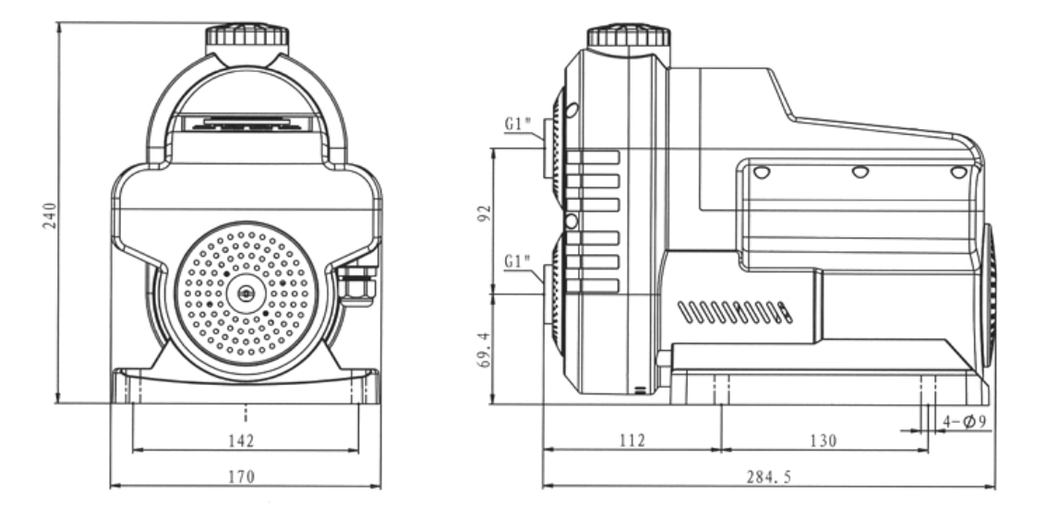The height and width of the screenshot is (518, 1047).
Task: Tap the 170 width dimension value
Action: click(x=245, y=476)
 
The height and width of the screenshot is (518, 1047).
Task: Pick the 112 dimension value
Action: click(x=632, y=440)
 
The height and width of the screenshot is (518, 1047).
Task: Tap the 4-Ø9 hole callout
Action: click(x=965, y=422)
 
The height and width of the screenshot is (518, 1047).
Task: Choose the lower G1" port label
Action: click(x=519, y=262)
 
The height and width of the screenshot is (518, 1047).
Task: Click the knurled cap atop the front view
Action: click(x=247, y=37)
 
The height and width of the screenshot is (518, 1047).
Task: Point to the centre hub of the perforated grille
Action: click(x=246, y=292)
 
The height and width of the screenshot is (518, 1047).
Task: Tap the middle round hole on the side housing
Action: click(x=860, y=172)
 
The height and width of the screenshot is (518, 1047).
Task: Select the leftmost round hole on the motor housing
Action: click(x=761, y=172)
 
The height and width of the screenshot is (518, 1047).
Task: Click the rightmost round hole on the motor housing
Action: click(x=959, y=172)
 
